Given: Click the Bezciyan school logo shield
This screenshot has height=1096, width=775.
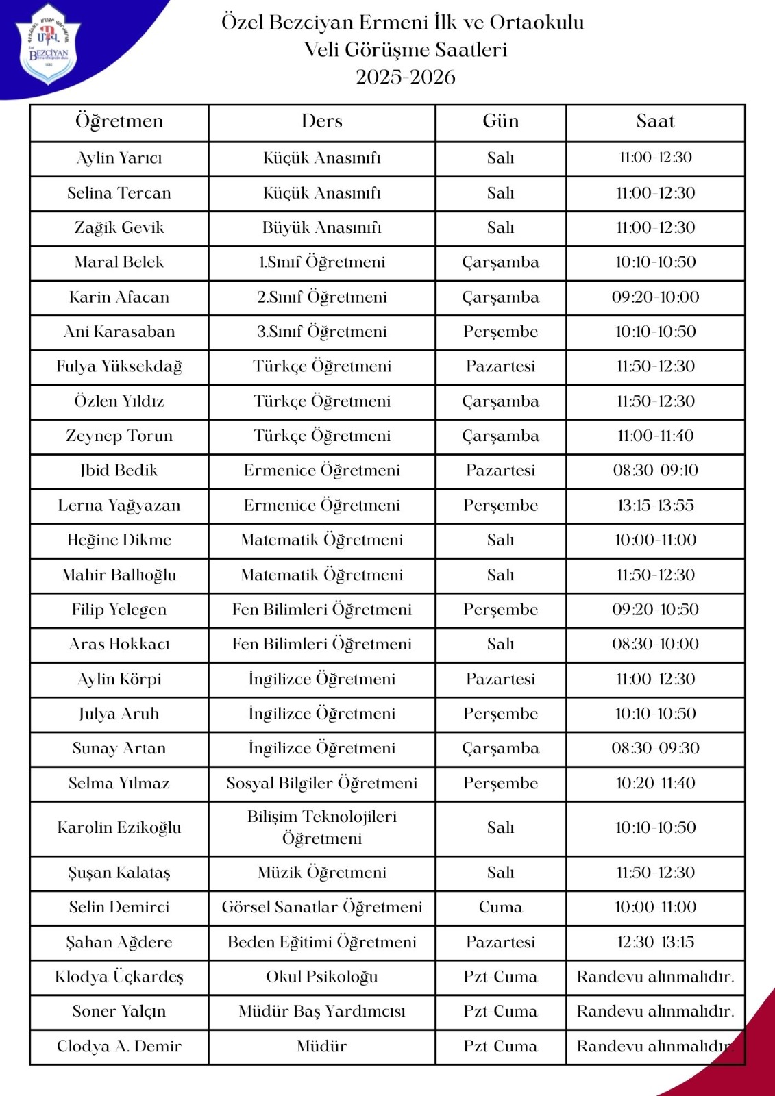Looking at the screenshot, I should (x=47, y=44).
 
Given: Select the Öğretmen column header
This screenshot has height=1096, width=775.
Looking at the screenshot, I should (x=119, y=122).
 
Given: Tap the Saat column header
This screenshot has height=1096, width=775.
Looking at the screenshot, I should (x=655, y=122).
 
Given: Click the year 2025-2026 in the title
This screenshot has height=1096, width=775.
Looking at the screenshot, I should (x=405, y=77).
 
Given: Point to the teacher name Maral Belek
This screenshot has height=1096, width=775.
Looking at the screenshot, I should (x=119, y=262).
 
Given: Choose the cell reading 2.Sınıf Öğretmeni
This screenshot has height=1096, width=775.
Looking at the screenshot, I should (x=321, y=297).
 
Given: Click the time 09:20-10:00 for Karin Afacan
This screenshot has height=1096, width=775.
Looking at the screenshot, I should (x=655, y=297).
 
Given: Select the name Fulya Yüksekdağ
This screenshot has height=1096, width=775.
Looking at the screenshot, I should (x=119, y=366).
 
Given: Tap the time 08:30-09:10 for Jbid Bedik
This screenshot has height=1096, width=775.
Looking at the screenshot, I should (x=655, y=471).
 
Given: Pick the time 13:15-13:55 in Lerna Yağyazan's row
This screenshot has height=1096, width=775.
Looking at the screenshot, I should (x=655, y=506).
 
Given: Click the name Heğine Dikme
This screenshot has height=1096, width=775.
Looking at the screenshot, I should (x=119, y=540).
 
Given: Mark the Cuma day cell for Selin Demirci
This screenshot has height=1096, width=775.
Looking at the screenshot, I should (x=500, y=908).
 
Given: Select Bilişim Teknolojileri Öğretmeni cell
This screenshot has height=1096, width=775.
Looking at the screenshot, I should (x=321, y=827).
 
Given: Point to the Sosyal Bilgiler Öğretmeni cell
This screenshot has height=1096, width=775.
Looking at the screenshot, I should (x=321, y=784).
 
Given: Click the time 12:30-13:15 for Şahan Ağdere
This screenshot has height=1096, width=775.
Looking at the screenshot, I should (x=655, y=943).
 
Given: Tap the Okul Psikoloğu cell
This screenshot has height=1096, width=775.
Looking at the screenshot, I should (x=321, y=977).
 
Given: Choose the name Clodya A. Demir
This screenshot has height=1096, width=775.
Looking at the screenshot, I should (x=119, y=1047).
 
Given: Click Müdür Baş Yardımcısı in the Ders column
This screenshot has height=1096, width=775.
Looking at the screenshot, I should (x=321, y=1012).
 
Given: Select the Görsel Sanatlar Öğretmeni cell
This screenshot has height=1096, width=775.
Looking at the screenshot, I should (x=321, y=908).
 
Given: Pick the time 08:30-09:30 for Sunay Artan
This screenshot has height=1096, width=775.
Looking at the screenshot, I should (x=655, y=749).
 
